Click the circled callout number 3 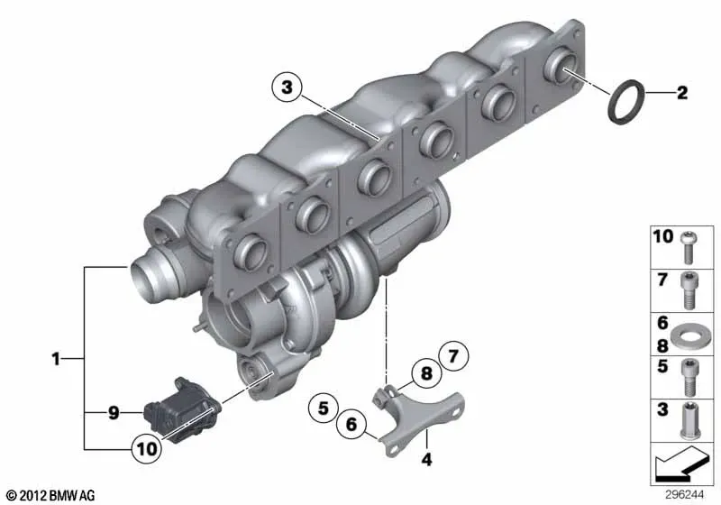[x=287, y=87]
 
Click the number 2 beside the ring [x=682, y=93]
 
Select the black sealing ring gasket [x=626, y=103]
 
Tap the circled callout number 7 [x=453, y=356]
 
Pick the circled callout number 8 [x=426, y=373]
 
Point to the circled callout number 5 [x=324, y=408]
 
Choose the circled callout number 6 [x=351, y=424]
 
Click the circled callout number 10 [x=147, y=448]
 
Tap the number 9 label [x=114, y=413]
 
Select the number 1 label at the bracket [x=56, y=359]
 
